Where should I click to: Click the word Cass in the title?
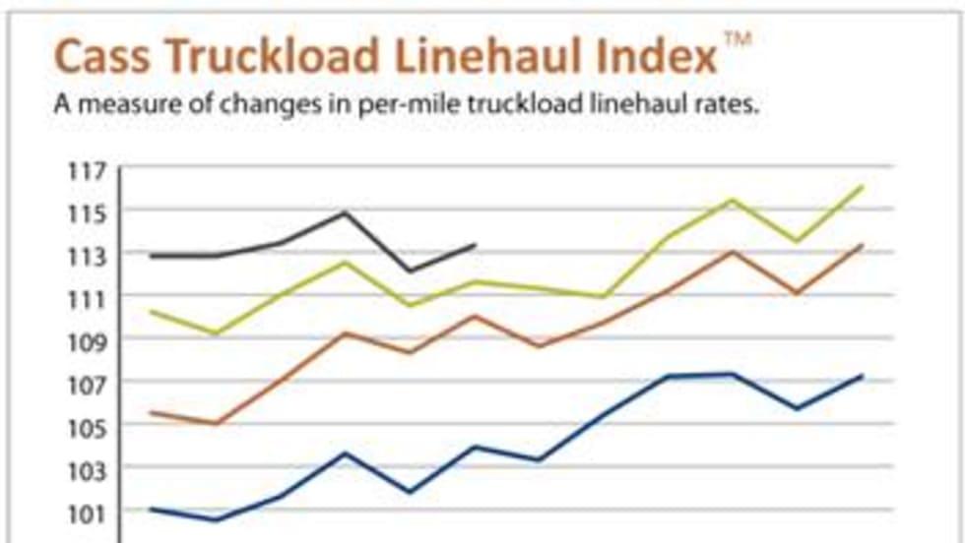[x=99, y=57]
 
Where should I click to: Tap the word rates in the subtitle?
[x=729, y=105]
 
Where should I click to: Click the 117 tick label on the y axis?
[x=86, y=170]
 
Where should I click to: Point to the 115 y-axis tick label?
[x=86, y=212]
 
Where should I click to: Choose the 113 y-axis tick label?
[x=86, y=255]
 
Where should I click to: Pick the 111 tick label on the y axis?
[x=86, y=297]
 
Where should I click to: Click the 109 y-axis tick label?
[x=86, y=340]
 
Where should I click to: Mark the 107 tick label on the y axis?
[x=86, y=383]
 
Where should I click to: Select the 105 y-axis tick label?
[x=86, y=425]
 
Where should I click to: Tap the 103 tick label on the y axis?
[x=86, y=467]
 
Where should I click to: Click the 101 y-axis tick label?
[x=86, y=511]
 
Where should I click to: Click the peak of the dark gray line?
[x=345, y=212]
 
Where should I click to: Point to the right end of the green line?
[x=863, y=187]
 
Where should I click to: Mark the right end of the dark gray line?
[x=475, y=245]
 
